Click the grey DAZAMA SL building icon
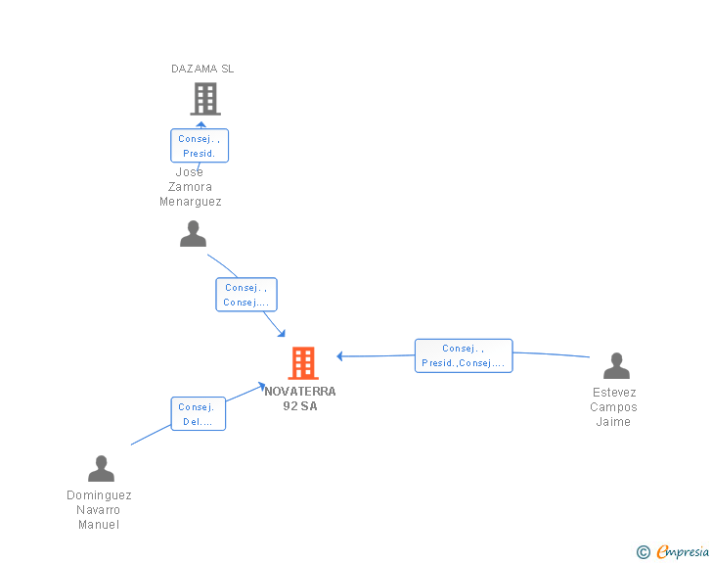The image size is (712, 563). point(204,99)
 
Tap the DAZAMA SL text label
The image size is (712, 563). point(202,69)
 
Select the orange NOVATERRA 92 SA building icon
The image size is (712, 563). point(302,363)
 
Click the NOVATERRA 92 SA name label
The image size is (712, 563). point(300,399)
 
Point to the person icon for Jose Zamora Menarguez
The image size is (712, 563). point(194,234)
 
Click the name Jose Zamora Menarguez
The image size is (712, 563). point(191,188)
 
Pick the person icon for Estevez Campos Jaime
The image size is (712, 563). point(616,366)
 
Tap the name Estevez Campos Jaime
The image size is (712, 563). point(614,407)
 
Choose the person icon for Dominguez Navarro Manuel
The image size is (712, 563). point(101,469)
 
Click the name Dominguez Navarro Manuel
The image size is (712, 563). point(99,510)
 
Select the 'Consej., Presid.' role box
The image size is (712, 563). point(199,146)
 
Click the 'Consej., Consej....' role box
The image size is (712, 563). point(246,295)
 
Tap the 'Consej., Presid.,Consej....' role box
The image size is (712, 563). point(464,355)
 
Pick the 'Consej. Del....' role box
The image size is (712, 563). point(198,414)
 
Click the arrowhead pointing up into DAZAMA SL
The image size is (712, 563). point(201,124)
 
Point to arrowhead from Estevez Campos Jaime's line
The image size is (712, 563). point(340,356)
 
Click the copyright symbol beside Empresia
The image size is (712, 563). point(644,552)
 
